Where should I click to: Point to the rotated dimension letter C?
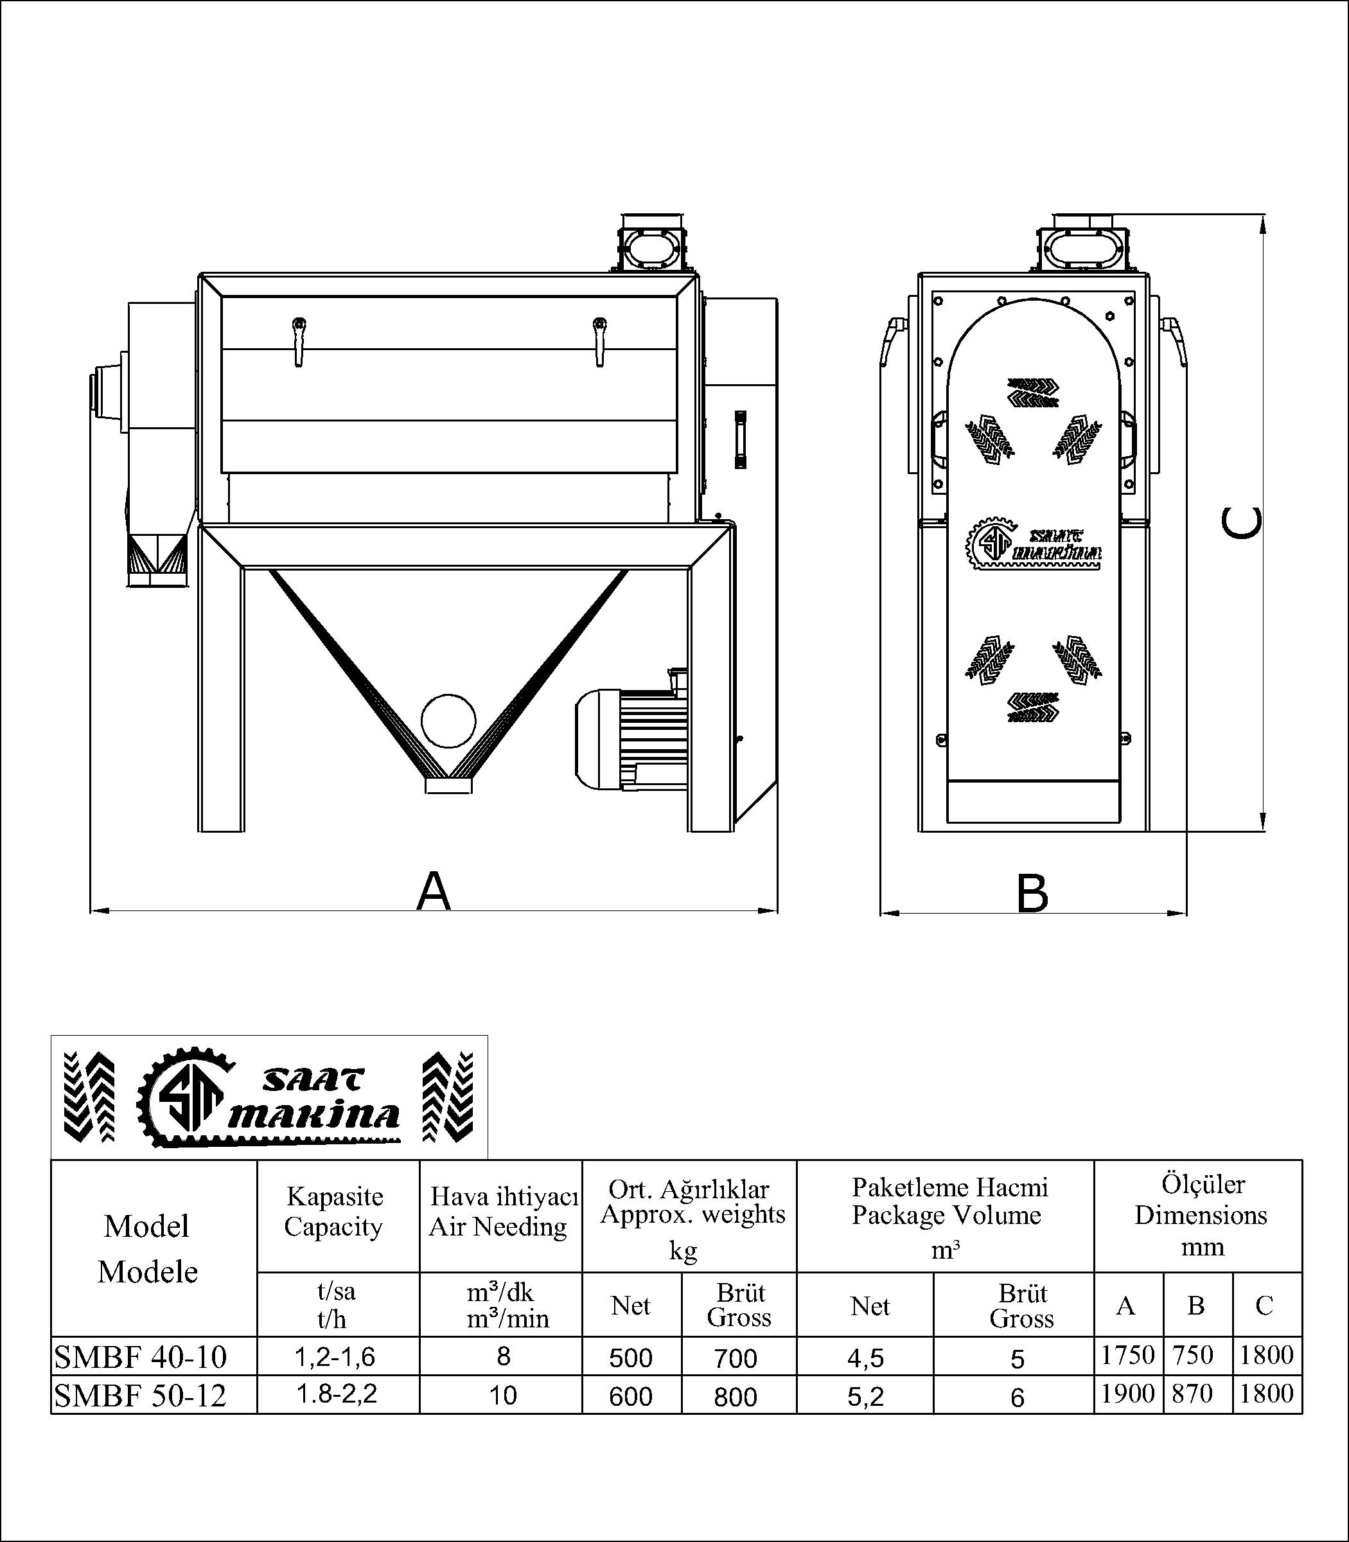click(x=1241, y=522)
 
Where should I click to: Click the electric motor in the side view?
click(x=632, y=741)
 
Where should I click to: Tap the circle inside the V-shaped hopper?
click(x=448, y=720)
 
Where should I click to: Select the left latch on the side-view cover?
click(x=299, y=341)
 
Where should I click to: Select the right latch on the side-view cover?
click(x=599, y=341)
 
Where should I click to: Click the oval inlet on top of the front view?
click(x=1081, y=246)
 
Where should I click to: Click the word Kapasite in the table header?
click(x=335, y=1196)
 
